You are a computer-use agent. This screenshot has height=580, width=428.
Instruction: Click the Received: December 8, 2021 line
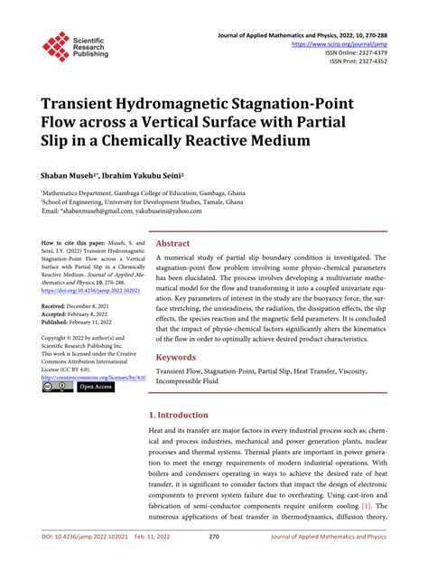tap(81, 307)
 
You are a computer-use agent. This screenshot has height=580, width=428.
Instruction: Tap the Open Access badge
tap(97, 387)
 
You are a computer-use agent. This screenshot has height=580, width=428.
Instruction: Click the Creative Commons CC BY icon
tap(57, 387)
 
